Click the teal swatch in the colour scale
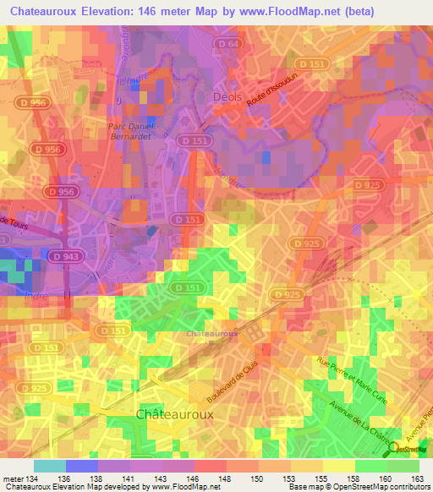tap(50, 466)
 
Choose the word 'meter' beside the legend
tap(14, 479)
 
